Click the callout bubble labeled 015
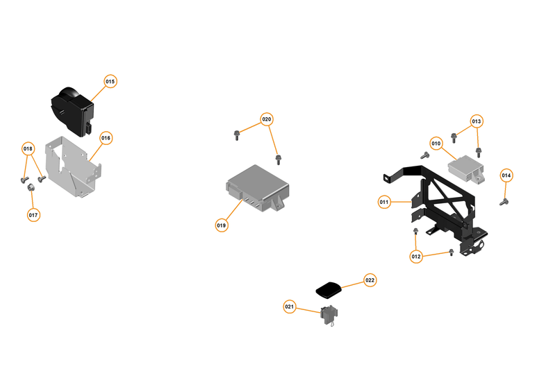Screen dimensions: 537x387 click(x=110, y=81)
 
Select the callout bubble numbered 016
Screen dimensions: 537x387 click(x=106, y=138)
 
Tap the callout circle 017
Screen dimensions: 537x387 click(x=33, y=215)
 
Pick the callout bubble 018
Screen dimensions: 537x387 click(x=28, y=149)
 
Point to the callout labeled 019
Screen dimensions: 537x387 click(x=221, y=225)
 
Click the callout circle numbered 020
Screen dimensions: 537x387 click(x=267, y=119)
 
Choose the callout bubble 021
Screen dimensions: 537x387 click(x=290, y=307)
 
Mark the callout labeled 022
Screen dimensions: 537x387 click(x=370, y=280)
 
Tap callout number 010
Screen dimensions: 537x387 click(x=436, y=144)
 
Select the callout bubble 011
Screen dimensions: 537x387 click(x=384, y=202)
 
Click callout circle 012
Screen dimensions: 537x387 click(x=416, y=257)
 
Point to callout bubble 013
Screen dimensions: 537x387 click(x=476, y=121)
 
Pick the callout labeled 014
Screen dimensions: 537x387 click(x=506, y=175)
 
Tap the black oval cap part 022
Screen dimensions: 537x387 click(x=329, y=287)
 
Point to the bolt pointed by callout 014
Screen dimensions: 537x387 click(x=504, y=202)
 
